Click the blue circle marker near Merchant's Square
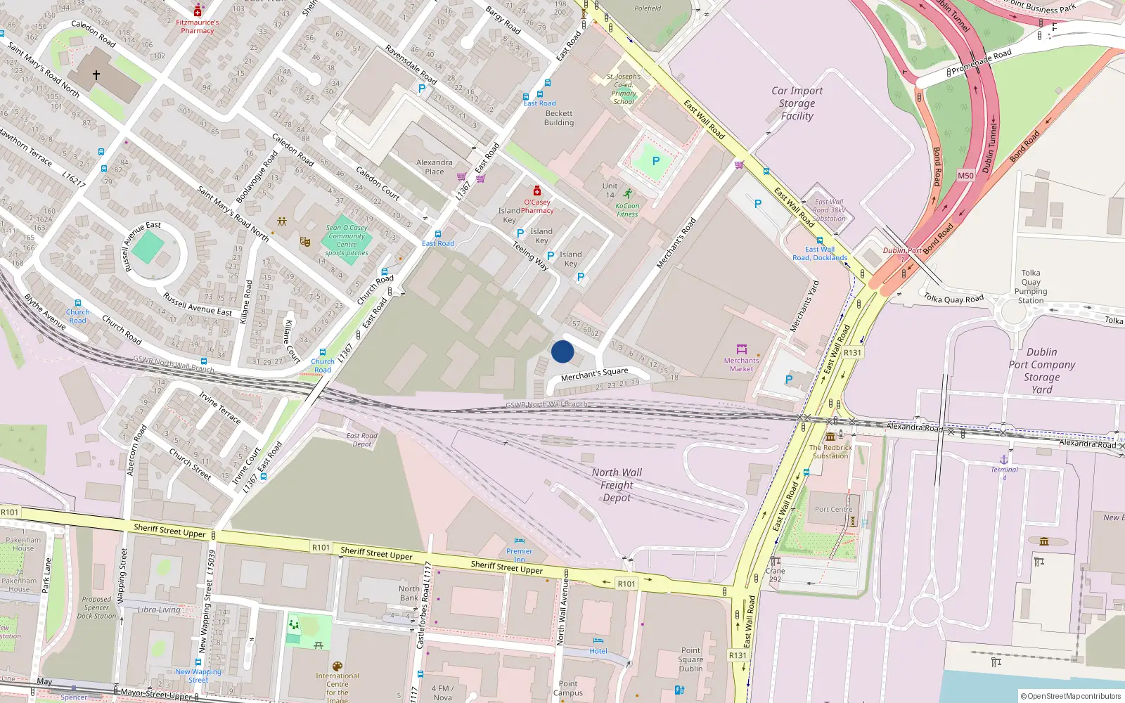(x=562, y=351)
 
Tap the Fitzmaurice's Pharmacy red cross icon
(x=198, y=11)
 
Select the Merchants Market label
(x=741, y=365)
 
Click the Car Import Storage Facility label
(x=797, y=103)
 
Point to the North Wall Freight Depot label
(x=617, y=485)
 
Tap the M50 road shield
(x=965, y=176)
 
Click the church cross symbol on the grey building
(x=96, y=74)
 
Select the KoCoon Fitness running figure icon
(x=627, y=194)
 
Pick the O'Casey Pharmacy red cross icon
(x=537, y=191)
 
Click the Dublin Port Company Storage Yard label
(x=1041, y=370)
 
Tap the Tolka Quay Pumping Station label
(x=1031, y=287)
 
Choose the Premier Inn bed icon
(x=519, y=541)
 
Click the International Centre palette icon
(x=337, y=666)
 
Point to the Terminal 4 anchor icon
(x=1004, y=459)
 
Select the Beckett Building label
(x=559, y=118)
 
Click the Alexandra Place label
(x=435, y=167)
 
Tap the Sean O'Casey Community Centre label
(x=347, y=240)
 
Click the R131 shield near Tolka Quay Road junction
(x=852, y=353)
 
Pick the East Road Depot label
(x=362, y=439)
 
